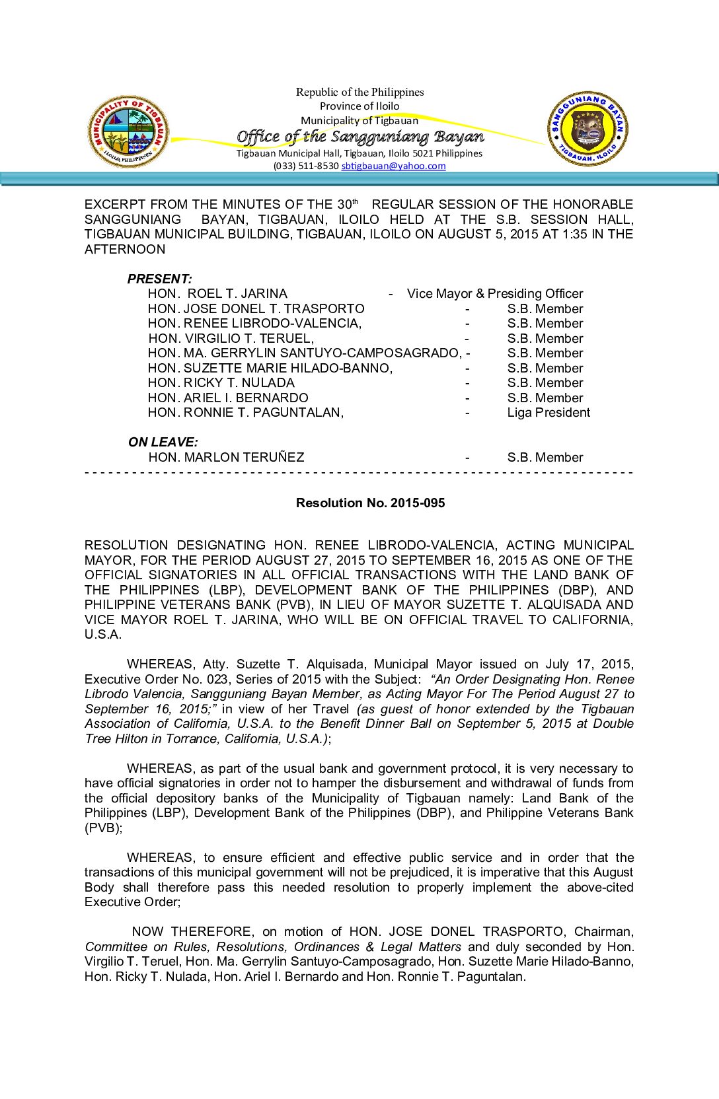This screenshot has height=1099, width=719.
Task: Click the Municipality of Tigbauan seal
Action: [x=128, y=131]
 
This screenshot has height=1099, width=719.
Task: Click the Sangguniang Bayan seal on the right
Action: [x=587, y=129]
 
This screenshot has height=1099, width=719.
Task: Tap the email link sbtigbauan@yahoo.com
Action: [x=393, y=166]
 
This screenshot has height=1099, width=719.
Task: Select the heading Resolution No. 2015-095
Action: [x=370, y=503]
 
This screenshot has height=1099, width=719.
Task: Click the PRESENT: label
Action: [x=160, y=279]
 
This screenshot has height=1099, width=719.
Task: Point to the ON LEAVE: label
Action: [x=163, y=442]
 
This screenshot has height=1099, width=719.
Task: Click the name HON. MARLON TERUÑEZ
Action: [x=226, y=457]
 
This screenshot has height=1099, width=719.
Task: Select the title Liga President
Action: [x=549, y=413]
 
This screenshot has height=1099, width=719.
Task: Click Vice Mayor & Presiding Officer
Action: [x=495, y=294]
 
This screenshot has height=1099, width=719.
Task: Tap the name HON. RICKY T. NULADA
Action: [x=221, y=383]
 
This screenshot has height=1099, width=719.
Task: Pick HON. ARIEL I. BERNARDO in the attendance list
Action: [x=228, y=398]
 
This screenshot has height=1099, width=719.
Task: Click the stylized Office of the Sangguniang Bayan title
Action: [x=360, y=137]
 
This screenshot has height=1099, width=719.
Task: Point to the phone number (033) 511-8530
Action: [x=306, y=166]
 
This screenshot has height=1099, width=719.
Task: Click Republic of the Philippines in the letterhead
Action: [x=359, y=92]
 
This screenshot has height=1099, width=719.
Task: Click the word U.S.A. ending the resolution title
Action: [x=103, y=635]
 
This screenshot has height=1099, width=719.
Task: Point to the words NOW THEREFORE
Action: [x=192, y=932]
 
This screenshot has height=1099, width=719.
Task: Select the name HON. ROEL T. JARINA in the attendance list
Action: [x=217, y=294]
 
